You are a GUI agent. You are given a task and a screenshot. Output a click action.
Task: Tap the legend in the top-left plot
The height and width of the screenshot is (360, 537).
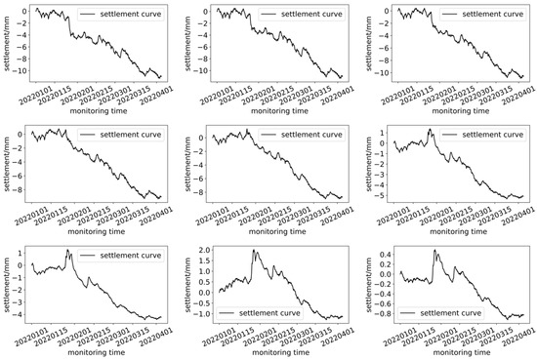[x=116, y=16]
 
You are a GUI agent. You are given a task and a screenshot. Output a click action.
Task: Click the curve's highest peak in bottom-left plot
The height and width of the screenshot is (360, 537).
[x=67, y=251]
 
